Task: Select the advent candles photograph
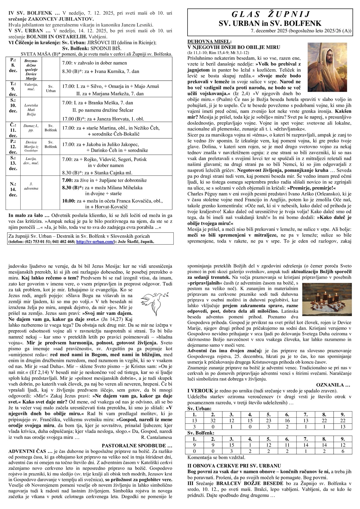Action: point(326,298)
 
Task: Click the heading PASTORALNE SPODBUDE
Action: point(137,445)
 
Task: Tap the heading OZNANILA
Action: point(333,384)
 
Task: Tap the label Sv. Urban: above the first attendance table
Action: point(199,408)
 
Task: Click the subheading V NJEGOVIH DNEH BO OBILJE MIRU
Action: point(234,47)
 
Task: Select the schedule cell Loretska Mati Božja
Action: point(31,110)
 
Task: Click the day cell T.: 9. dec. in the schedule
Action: point(13,89)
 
